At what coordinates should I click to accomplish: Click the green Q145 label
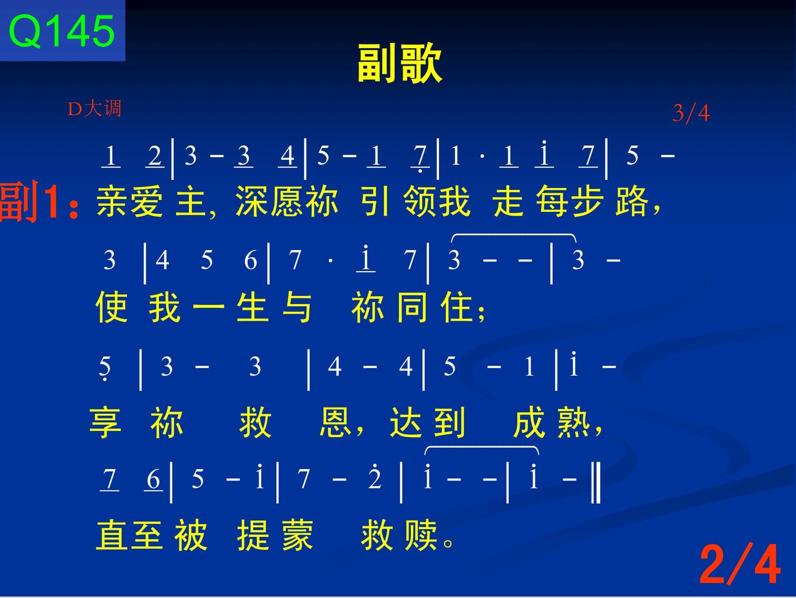pos(62,31)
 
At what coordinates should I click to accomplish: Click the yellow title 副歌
pos(399,62)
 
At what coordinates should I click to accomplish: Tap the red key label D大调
pos(95,108)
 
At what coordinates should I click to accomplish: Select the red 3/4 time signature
pos(691,113)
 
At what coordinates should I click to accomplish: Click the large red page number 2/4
pos(740,564)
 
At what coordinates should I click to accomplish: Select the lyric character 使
pos(112,307)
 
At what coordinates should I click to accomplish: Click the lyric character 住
pos(457,307)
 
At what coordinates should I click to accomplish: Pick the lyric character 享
pos(105,423)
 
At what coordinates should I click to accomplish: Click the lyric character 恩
pos(335,422)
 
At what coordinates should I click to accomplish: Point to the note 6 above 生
pos(251,260)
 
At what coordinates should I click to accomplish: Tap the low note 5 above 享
pos(105,367)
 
